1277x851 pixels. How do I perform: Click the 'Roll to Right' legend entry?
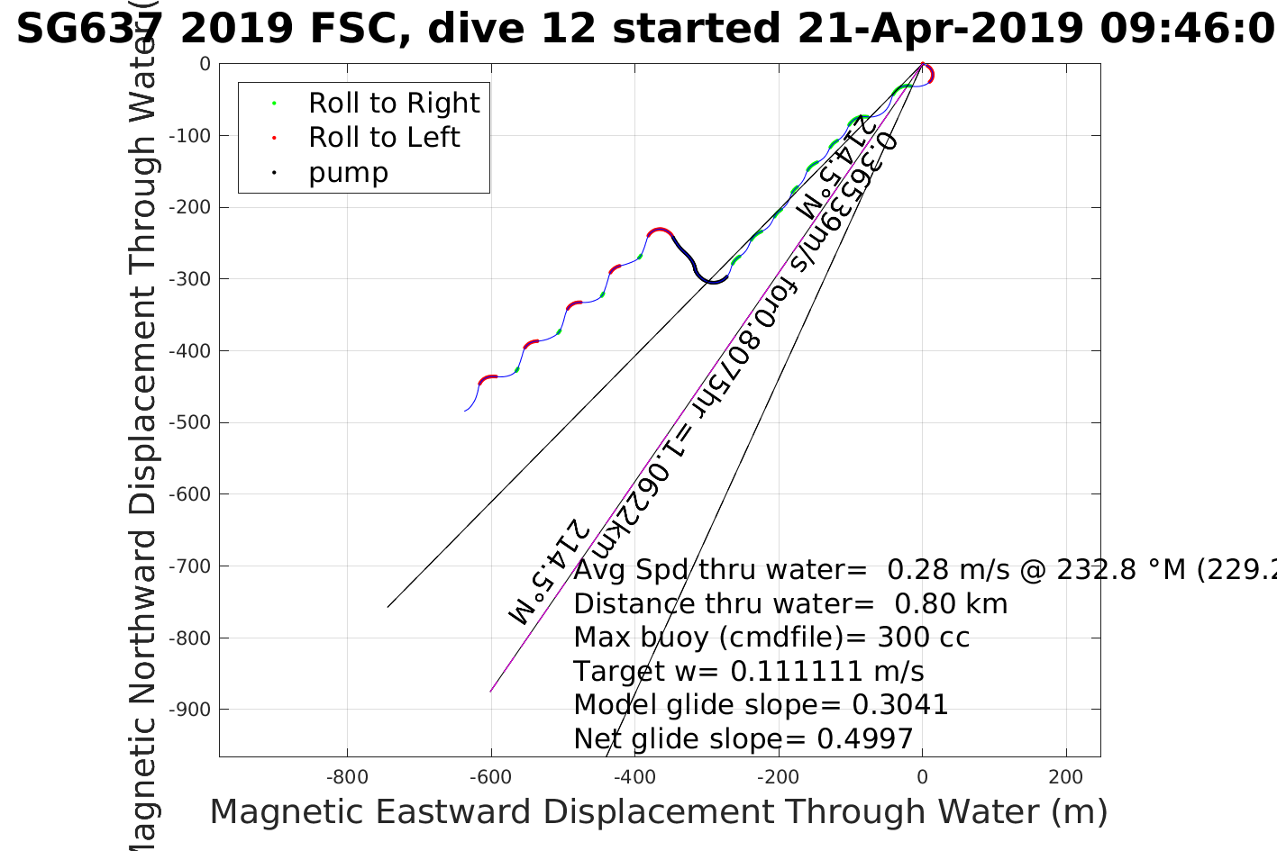coord(393,104)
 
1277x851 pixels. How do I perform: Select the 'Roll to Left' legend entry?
coord(383,138)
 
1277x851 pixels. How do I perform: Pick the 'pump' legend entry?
coord(348,172)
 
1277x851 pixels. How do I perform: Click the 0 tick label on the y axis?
coord(205,64)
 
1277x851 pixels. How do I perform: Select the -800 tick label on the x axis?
coord(347,777)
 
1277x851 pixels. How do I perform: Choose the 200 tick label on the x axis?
coord(1066,777)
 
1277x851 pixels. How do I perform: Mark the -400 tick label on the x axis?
coord(635,777)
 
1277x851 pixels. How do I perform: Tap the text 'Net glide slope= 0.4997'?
coord(743,739)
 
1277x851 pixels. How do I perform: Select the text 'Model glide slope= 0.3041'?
coord(761,705)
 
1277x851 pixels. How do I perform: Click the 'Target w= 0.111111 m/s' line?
coord(748,672)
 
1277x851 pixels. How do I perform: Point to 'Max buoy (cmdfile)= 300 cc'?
coord(771,638)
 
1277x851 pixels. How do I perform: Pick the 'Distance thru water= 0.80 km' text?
coord(790,603)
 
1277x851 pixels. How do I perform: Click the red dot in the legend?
coord(274,138)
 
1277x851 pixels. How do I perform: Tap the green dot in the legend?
coord(274,104)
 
